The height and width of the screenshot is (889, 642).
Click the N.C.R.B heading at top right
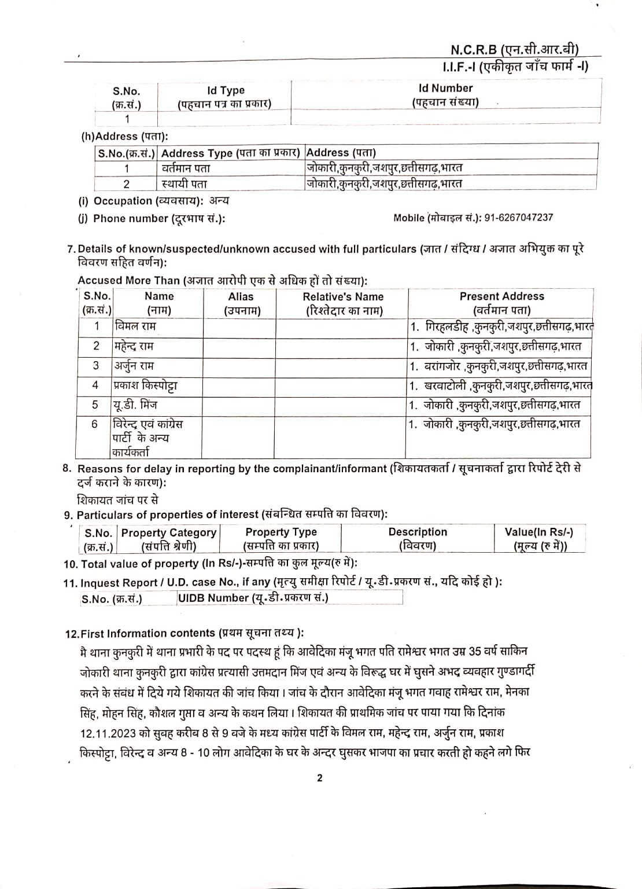tap(514, 50)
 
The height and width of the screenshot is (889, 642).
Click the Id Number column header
tap(445, 95)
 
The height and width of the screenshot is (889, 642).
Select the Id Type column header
tap(225, 97)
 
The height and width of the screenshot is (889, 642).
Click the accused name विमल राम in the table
tap(136, 326)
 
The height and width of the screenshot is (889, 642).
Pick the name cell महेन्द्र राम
tap(134, 346)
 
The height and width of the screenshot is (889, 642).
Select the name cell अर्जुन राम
tap(134, 366)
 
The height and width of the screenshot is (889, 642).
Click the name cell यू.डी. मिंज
tap(135, 405)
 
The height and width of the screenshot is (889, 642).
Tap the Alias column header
tap(241, 303)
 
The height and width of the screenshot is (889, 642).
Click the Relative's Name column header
tap(343, 303)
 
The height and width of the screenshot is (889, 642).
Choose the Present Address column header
tap(501, 303)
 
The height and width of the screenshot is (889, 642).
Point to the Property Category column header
tap(168, 539)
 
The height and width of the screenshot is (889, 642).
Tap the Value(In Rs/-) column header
tap(539, 539)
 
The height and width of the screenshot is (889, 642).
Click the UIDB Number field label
tap(253, 598)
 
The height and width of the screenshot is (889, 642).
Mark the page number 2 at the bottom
tap(320, 778)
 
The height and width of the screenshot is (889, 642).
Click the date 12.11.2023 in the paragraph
tap(108, 733)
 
